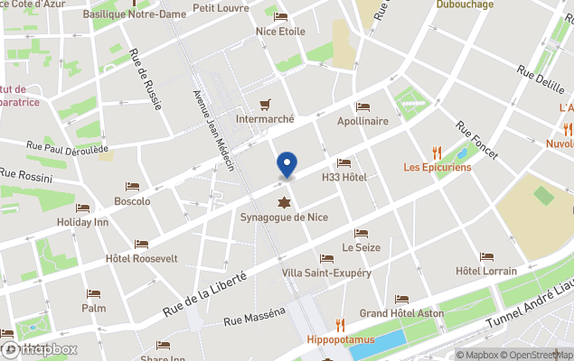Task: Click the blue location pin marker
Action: pyautogui.click(x=287, y=164)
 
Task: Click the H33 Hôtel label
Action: pyautogui.click(x=344, y=177)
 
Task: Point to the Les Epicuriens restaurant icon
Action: pyautogui.click(x=437, y=153)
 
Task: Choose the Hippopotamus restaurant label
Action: pyautogui.click(x=340, y=340)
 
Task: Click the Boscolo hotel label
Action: pyautogui.click(x=132, y=201)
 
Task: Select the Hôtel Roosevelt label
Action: pyautogui.click(x=141, y=258)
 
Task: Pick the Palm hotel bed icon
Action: pyautogui.click(x=93, y=294)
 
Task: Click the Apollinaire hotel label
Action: pyautogui.click(x=362, y=121)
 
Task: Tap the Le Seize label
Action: pyautogui.click(x=361, y=247)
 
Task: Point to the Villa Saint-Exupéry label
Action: pyautogui.click(x=326, y=273)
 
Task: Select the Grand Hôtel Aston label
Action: pyautogui.click(x=401, y=313)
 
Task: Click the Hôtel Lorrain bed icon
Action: pyautogui.click(x=486, y=257)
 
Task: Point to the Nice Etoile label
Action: pyautogui.click(x=280, y=32)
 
